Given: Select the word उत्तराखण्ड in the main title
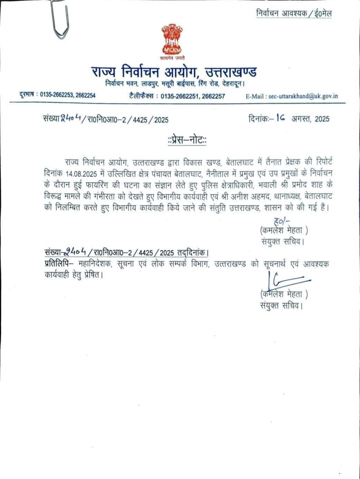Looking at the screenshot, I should [231, 72].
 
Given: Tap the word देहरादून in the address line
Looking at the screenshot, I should [233, 84].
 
